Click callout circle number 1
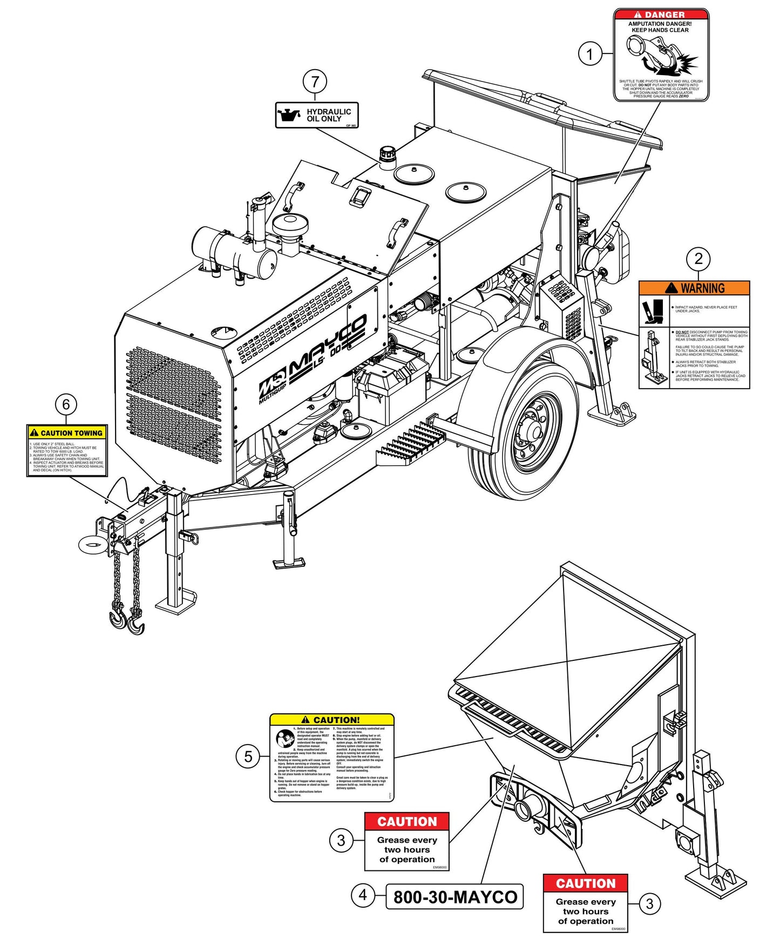point(589,54)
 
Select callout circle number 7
point(315,82)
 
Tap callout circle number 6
point(66,404)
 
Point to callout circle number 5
point(248,756)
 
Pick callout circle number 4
point(363,895)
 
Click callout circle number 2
point(698,259)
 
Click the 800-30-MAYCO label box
point(455,896)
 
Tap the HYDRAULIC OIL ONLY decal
point(317,115)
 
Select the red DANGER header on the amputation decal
point(661,15)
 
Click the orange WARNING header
point(694,288)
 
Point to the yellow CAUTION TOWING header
point(67,433)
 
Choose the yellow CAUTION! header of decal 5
point(331,720)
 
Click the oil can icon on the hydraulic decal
point(289,115)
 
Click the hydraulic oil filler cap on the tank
point(387,154)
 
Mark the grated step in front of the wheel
point(409,443)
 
